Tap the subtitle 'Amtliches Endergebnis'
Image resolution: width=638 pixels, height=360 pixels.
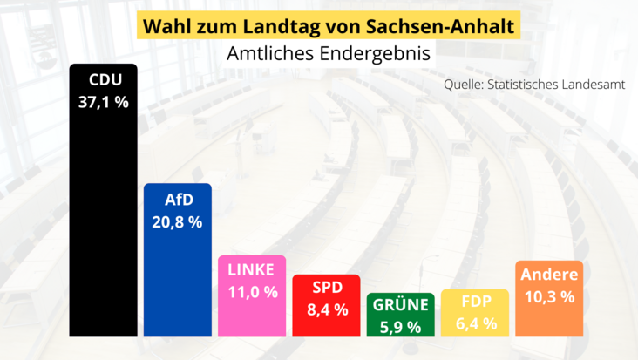pyautogui.click(x=329, y=53)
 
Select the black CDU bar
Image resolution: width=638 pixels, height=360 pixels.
pyautogui.click(x=103, y=218)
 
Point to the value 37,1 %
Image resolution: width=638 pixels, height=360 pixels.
pyautogui.click(x=104, y=102)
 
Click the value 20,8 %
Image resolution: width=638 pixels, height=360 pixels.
pyautogui.click(x=178, y=221)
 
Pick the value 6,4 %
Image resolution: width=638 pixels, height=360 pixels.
pyautogui.click(x=476, y=323)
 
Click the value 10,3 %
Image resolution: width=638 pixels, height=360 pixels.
pyautogui.click(x=549, y=296)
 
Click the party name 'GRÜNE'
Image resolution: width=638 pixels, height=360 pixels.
pyautogui.click(x=401, y=305)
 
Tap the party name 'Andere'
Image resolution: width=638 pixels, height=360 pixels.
pyautogui.click(x=549, y=275)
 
